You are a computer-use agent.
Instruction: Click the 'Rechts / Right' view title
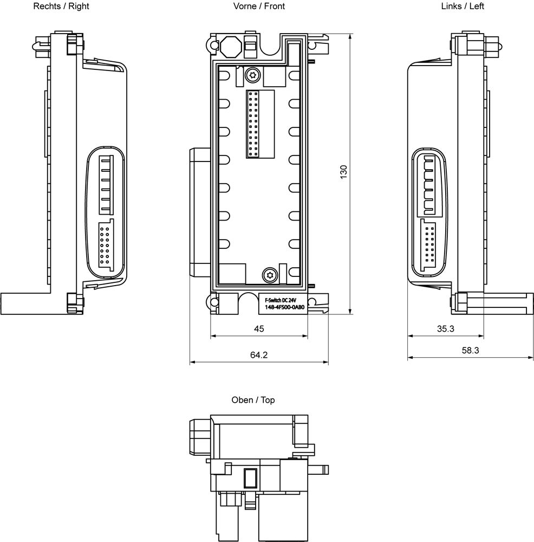(61, 6)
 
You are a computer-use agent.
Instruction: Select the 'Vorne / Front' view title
(259, 6)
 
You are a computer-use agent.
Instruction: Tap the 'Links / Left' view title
(463, 6)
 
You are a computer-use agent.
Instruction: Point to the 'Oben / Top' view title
(253, 400)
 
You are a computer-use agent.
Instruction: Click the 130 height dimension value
(343, 172)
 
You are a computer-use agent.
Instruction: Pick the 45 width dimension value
(259, 329)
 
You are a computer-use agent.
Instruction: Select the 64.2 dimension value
(259, 355)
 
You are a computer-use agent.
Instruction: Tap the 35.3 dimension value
(446, 329)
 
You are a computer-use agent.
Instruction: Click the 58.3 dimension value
(471, 351)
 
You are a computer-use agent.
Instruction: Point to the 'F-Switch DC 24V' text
(281, 300)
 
